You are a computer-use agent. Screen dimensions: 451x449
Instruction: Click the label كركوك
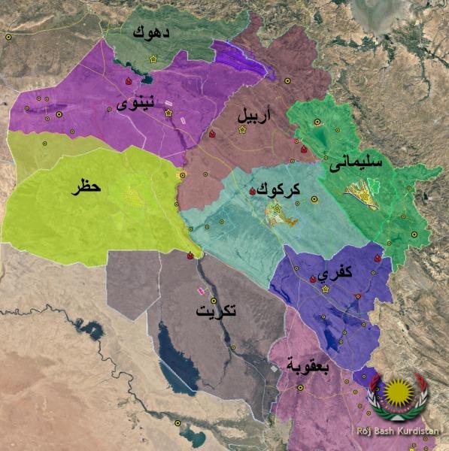[279, 191]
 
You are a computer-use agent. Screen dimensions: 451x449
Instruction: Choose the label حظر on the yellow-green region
[86, 186]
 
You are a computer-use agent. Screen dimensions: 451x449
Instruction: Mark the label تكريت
[215, 312]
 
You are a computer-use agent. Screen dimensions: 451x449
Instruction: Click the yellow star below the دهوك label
[153, 58]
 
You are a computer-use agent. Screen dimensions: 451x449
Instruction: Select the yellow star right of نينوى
[168, 113]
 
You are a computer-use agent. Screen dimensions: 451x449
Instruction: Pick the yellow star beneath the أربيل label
[242, 130]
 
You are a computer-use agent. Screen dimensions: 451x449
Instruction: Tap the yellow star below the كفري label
[326, 289]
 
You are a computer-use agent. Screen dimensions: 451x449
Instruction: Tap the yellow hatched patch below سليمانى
[361, 195]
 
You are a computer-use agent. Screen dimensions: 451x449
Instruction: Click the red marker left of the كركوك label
[252, 192]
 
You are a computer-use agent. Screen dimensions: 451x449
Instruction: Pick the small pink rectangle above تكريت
[200, 290]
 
